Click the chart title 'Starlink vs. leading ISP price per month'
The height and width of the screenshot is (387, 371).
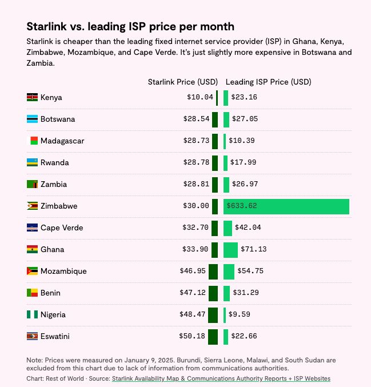(x=130, y=27)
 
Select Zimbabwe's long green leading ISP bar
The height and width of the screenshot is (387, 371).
(x=286, y=206)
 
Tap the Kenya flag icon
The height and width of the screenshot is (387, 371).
(x=32, y=98)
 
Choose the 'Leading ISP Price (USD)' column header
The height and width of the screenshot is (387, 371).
(x=268, y=82)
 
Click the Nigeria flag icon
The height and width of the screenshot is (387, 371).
(x=32, y=315)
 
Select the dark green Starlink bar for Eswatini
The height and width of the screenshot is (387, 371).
(x=213, y=337)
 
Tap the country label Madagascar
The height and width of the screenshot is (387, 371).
(x=62, y=141)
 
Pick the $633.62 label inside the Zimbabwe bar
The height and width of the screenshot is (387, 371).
(x=242, y=206)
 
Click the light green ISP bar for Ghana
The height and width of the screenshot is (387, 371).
(x=230, y=250)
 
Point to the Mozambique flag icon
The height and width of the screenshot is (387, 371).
(x=32, y=272)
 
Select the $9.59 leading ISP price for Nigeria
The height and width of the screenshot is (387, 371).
(x=238, y=315)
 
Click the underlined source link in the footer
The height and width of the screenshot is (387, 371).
(x=221, y=379)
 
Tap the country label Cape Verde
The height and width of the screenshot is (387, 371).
(x=62, y=228)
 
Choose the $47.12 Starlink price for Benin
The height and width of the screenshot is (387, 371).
(x=192, y=293)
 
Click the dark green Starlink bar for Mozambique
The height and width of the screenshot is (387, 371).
(x=213, y=272)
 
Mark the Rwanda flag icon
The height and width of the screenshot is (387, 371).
(x=32, y=163)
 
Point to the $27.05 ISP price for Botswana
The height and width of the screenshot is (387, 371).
(x=244, y=119)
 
